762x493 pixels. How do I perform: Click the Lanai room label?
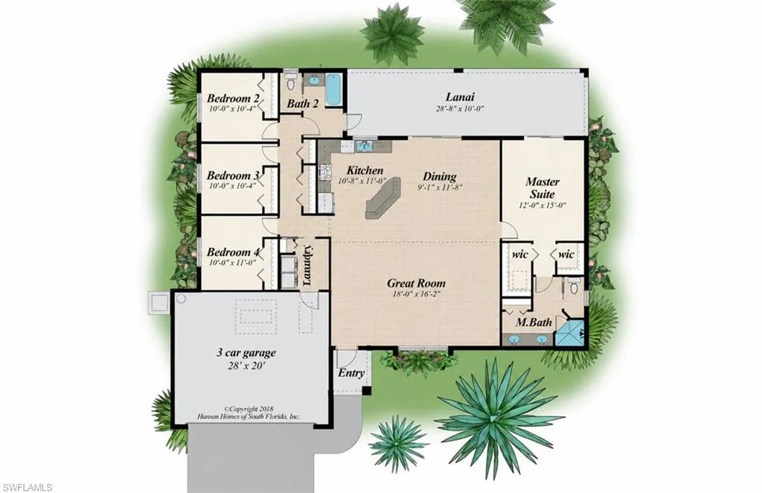click(x=460, y=97)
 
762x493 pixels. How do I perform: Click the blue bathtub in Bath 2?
click(x=334, y=89)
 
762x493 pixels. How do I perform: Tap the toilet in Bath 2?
click(x=291, y=82)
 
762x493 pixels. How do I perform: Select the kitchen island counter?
click(x=383, y=197)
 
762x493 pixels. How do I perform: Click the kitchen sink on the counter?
click(x=363, y=145)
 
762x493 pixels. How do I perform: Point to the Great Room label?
click(x=416, y=283)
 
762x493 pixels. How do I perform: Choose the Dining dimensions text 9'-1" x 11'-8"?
click(x=439, y=187)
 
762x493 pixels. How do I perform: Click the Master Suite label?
click(x=542, y=188)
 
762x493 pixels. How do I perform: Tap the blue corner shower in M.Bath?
click(x=569, y=333)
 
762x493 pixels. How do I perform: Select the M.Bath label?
click(x=534, y=322)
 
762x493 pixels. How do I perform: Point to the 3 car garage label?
click(x=246, y=352)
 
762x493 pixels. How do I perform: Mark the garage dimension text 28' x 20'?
click(x=246, y=365)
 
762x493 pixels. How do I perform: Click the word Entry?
click(x=351, y=373)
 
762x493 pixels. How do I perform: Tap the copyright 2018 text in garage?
click(x=249, y=410)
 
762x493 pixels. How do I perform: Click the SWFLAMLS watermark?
click(x=27, y=487)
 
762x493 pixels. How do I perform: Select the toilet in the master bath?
click(x=574, y=287)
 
